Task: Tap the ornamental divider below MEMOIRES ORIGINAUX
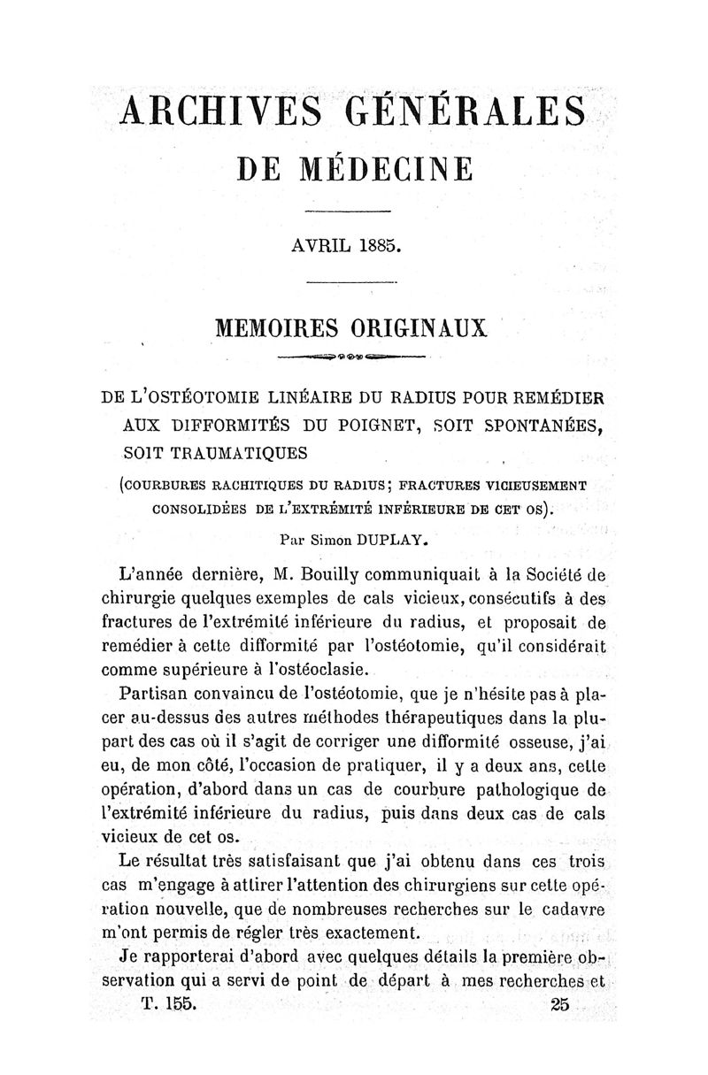pyautogui.click(x=352, y=357)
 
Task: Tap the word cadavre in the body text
pyautogui.click(x=565, y=909)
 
